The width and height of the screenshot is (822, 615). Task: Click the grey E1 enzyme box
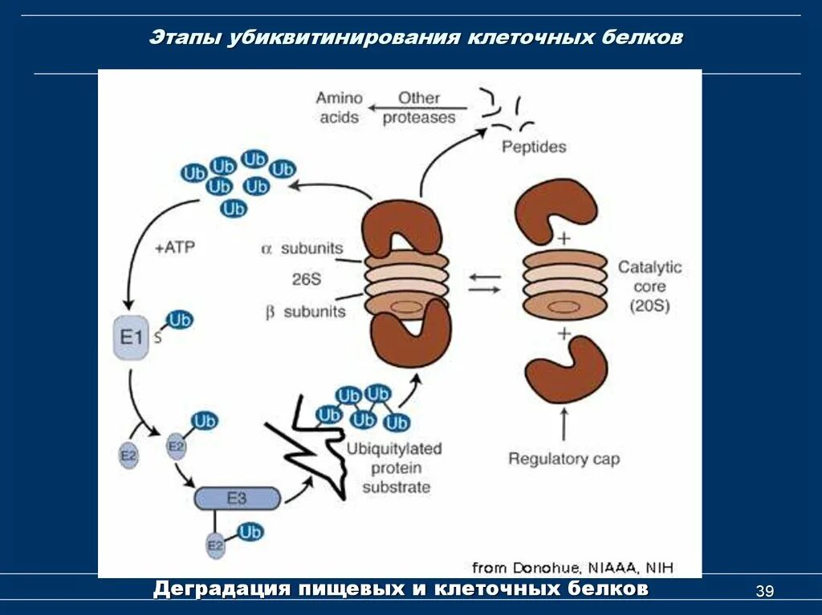[x=131, y=338]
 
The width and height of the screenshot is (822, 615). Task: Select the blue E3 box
[x=238, y=499]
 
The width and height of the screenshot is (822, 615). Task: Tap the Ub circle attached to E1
[x=180, y=321]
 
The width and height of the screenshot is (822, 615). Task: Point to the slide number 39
[x=764, y=592]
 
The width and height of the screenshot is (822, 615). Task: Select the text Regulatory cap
[x=564, y=459]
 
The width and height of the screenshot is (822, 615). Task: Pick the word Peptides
[x=533, y=147]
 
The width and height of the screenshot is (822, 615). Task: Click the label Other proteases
[x=418, y=108]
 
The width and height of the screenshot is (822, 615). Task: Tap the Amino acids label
[x=339, y=108]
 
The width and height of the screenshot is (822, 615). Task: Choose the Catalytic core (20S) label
[x=649, y=286]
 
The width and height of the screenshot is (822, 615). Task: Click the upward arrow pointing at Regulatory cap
[x=564, y=424]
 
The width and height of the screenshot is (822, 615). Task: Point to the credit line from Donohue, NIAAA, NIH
[x=573, y=568]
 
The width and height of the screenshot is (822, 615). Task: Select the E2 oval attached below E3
[x=215, y=545]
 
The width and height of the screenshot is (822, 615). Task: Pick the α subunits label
[x=303, y=249]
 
